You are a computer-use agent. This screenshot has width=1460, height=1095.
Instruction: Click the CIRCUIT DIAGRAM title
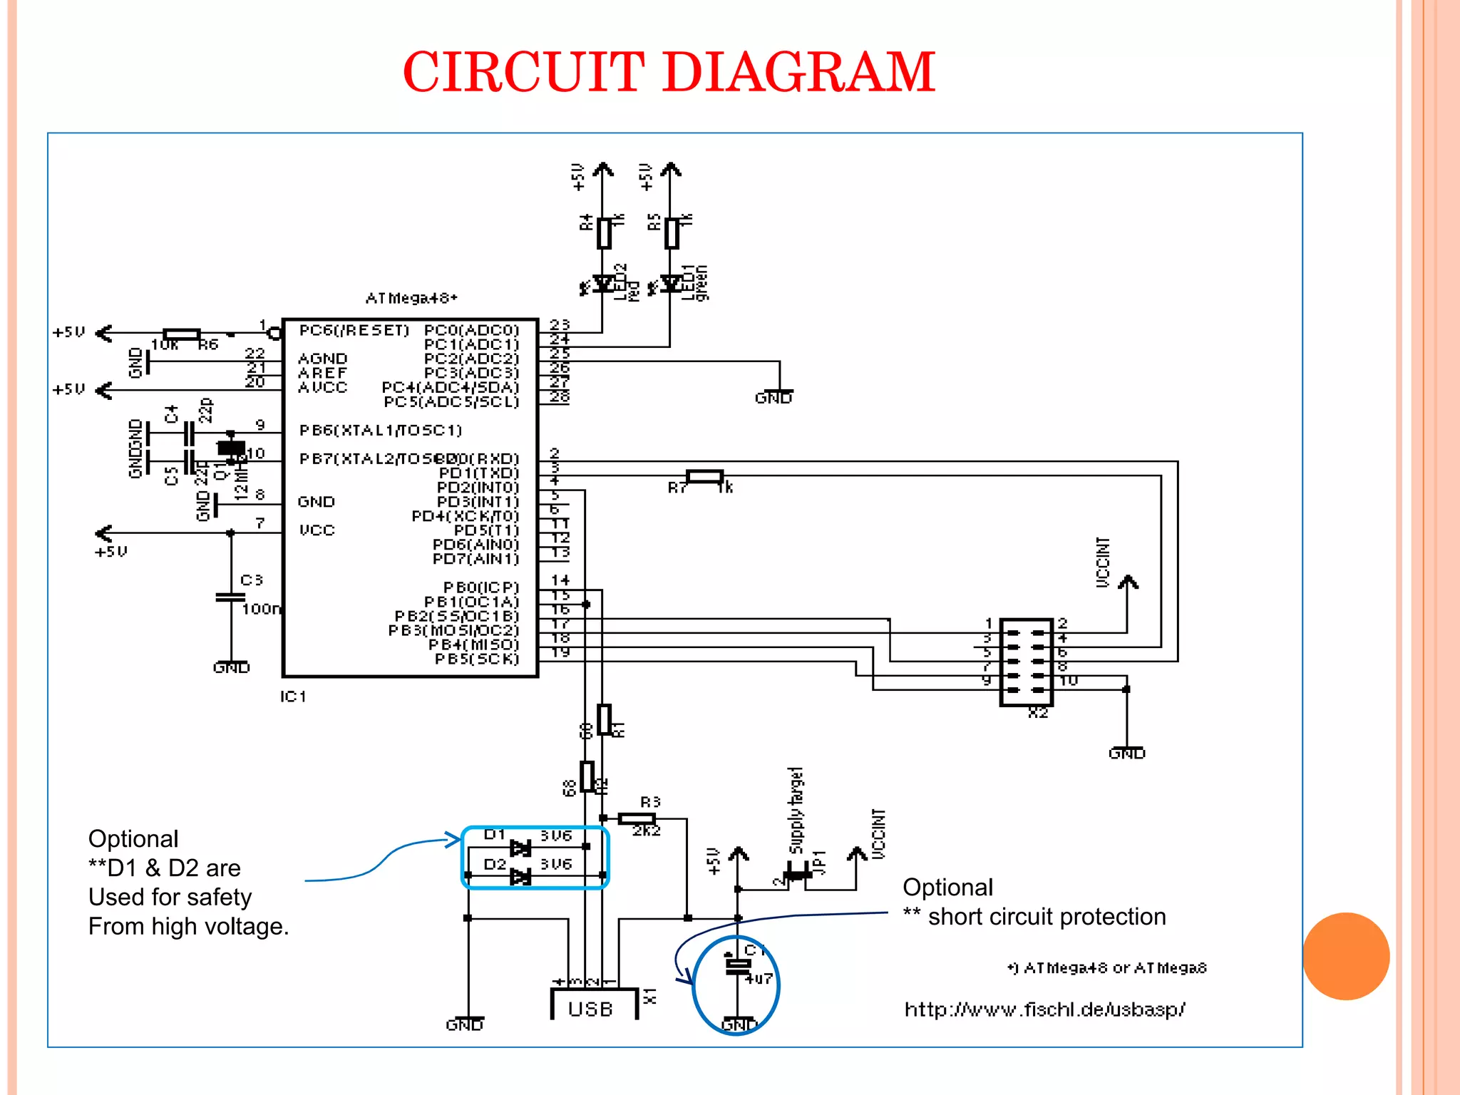click(669, 73)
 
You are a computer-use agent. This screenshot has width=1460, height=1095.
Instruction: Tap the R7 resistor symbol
click(704, 476)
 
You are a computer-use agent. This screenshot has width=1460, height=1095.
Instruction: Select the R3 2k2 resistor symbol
click(637, 818)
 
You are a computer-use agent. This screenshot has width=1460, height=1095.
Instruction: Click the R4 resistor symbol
click(604, 233)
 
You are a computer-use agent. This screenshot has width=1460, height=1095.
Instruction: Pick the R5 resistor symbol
click(671, 233)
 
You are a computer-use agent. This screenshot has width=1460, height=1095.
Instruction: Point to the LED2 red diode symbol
click(604, 284)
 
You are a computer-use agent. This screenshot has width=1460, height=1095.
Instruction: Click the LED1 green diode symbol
click(670, 284)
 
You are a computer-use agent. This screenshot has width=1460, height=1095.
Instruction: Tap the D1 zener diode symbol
click(520, 848)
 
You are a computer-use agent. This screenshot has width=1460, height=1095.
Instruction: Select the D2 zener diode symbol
click(520, 876)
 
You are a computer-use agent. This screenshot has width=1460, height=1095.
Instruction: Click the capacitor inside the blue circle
click(737, 966)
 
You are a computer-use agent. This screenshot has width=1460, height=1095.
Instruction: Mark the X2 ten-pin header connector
click(1026, 662)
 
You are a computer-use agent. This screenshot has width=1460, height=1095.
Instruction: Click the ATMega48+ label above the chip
click(411, 298)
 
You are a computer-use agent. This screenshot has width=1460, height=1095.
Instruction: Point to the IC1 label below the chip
click(293, 696)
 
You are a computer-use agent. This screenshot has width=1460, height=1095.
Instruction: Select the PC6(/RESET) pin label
click(354, 330)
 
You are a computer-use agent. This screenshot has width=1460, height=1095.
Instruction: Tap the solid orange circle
click(1346, 956)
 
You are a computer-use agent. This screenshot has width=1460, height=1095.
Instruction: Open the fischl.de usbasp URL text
click(1044, 1009)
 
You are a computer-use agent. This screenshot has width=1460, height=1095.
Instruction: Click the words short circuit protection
click(1047, 917)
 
